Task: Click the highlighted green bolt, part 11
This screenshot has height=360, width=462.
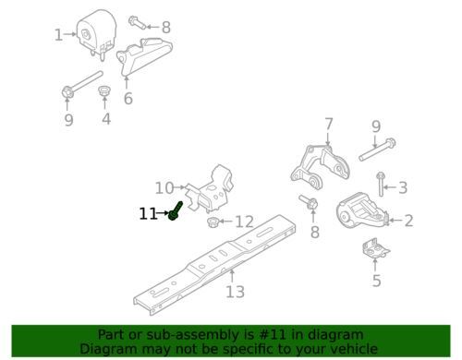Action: point(176,210)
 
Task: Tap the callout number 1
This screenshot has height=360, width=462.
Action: point(58,35)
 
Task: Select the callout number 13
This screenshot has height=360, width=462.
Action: point(235,292)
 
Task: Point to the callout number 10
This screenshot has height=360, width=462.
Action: point(164,188)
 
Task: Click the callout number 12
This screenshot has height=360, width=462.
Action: point(245,222)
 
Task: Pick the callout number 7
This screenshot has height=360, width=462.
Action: point(329,125)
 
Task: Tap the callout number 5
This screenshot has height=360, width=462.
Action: point(377,281)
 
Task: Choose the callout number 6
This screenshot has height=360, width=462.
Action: point(128,99)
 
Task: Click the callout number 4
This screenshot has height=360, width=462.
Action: point(106,119)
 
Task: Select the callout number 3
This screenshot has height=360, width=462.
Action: point(403,187)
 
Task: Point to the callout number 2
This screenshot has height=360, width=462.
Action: point(408,221)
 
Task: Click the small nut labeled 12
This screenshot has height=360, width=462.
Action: point(213,222)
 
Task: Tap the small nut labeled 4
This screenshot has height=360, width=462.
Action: point(104,91)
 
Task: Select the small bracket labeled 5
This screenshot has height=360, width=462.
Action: point(375,248)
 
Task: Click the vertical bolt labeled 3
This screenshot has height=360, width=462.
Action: point(381,184)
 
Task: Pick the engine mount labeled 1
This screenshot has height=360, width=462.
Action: point(96,35)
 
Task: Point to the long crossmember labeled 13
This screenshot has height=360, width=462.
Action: point(215,265)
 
